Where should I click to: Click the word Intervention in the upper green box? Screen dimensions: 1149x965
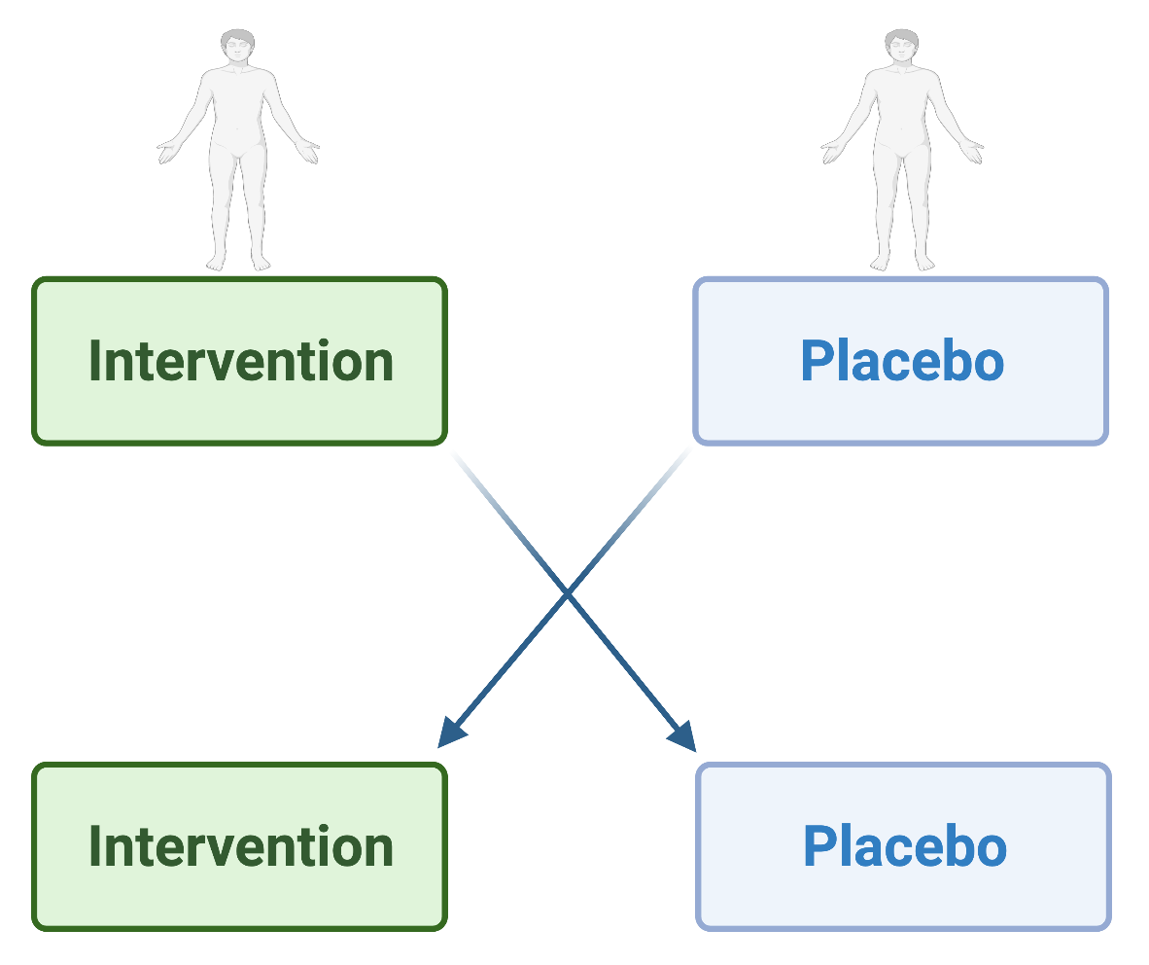241,361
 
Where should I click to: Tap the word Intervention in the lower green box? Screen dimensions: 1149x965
241,846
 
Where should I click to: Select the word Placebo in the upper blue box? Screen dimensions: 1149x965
902,361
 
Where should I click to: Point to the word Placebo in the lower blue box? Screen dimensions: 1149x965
905,846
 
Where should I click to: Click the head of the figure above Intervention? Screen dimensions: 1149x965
237,47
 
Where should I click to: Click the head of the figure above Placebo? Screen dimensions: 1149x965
901,47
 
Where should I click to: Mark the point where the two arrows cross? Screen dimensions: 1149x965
567,594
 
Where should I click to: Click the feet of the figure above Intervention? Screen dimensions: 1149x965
238,262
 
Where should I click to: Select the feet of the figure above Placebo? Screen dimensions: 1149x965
902,262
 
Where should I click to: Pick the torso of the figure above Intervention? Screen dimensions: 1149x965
237,110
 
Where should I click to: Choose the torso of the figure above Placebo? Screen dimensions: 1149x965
901,110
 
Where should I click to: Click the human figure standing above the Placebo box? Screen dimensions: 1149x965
902,151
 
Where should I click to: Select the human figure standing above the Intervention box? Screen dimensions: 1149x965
238,151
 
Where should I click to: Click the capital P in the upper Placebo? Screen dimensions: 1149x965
818,361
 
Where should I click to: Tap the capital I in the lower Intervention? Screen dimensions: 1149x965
94,846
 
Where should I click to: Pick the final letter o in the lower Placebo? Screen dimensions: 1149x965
991,851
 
